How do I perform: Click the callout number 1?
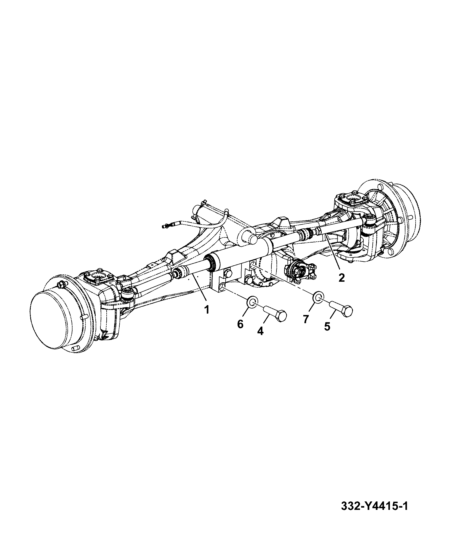pyautogui.click(x=207, y=310)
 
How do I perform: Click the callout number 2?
pyautogui.click(x=341, y=278)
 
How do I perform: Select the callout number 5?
pyautogui.click(x=327, y=327)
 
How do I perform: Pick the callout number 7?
pyautogui.click(x=306, y=319)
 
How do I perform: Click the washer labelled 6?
pyautogui.click(x=252, y=302)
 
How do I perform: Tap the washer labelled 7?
pyautogui.click(x=319, y=297)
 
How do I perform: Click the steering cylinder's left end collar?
pyautogui.click(x=211, y=262)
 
